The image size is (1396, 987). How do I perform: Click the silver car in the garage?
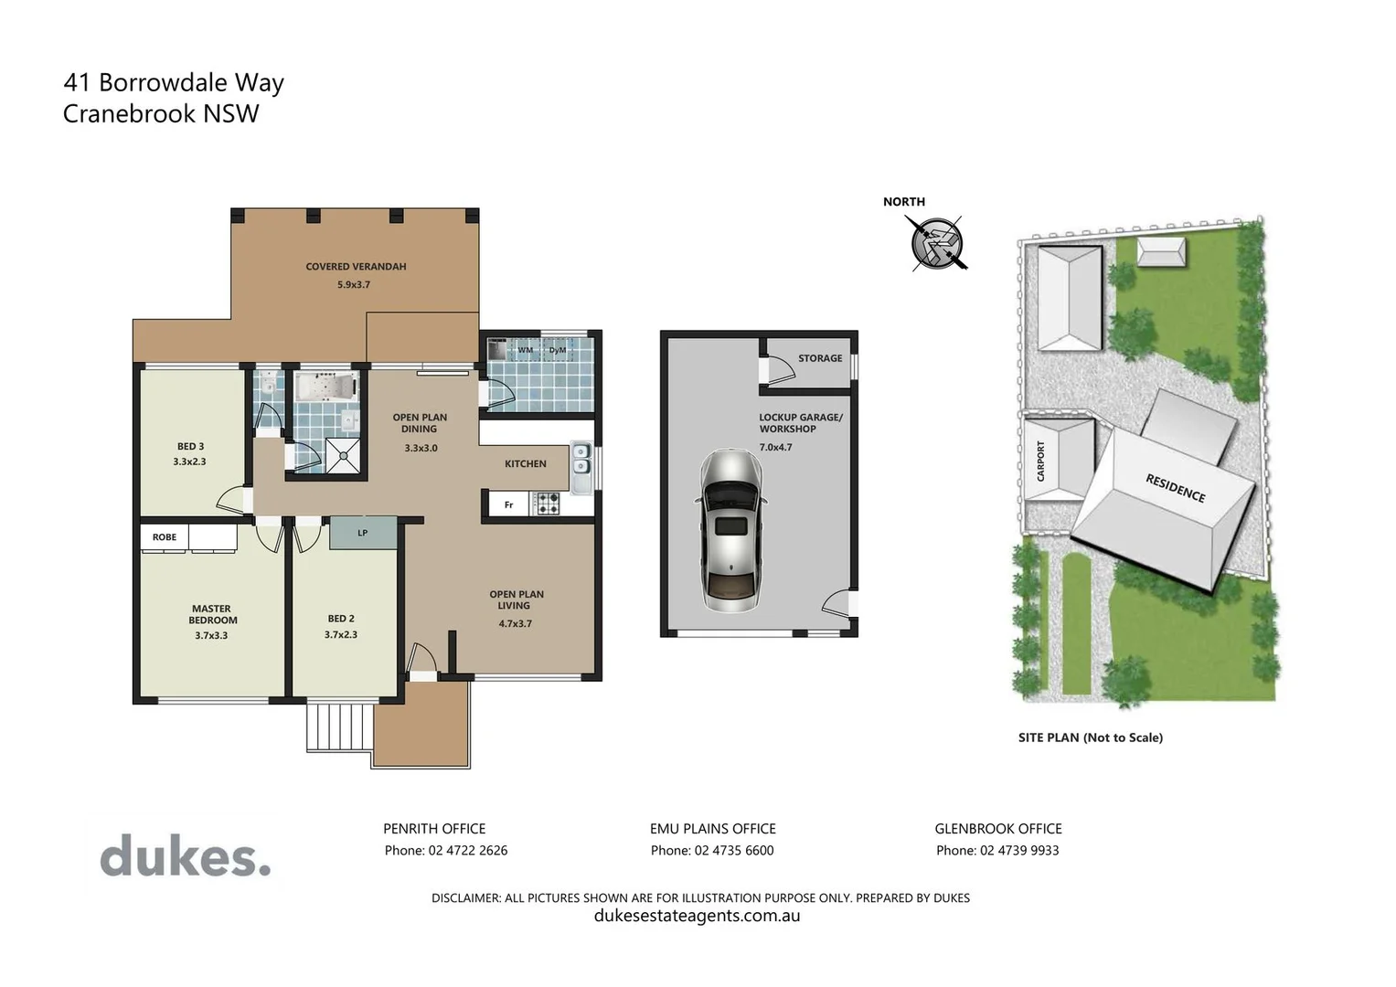(730, 531)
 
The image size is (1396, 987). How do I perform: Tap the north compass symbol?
(937, 243)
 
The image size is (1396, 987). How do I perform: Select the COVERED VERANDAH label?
(356, 267)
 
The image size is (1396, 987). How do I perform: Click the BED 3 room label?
(190, 447)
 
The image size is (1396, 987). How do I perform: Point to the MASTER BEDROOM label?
(212, 614)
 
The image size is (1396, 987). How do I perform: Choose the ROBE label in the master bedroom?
(165, 537)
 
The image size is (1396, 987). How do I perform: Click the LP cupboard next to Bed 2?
(363, 533)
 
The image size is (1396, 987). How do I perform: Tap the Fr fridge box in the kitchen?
(509, 504)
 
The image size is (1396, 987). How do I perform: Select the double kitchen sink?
(581, 459)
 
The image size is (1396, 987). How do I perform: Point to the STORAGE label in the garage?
(820, 358)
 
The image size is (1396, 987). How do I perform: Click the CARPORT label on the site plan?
(1040, 462)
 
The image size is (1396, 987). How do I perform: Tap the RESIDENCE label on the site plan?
(1175, 488)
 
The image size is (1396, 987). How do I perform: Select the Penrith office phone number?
(445, 851)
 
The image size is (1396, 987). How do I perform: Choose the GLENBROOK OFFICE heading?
(997, 829)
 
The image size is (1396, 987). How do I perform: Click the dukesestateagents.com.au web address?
(697, 916)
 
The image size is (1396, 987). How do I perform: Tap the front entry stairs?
(340, 727)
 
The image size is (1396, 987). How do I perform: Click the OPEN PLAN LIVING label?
(516, 600)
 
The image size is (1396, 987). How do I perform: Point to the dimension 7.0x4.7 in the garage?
(775, 448)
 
